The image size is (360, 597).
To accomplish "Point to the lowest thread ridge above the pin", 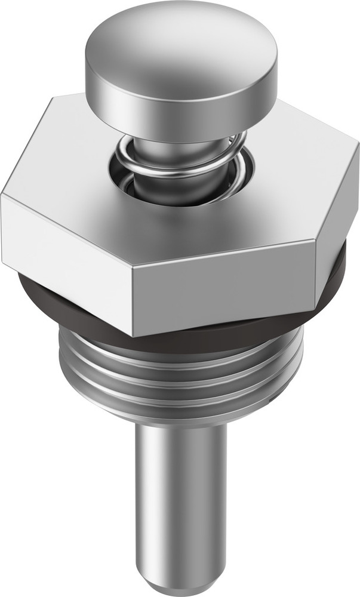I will [x=179, y=406].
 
